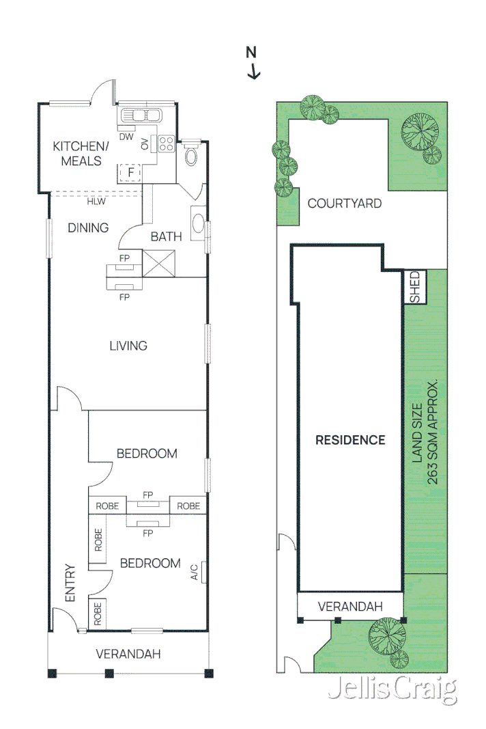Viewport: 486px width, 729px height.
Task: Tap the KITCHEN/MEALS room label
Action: [81, 154]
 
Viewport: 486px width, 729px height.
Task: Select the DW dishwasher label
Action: [126, 137]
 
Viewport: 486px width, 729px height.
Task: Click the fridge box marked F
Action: [130, 173]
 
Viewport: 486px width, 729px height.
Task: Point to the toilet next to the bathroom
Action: [191, 156]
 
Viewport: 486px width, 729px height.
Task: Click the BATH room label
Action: [166, 236]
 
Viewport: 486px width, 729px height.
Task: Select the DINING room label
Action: [88, 228]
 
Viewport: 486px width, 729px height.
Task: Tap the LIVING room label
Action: [128, 346]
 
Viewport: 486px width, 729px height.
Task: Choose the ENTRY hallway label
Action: [70, 583]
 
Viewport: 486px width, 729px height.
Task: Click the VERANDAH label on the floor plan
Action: [128, 654]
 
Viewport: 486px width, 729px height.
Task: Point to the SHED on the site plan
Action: [416, 287]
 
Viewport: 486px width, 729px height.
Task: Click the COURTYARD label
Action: [344, 203]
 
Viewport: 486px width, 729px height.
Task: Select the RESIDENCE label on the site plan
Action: [349, 440]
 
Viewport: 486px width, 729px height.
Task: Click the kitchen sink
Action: [140, 115]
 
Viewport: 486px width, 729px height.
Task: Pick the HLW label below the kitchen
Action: [94, 202]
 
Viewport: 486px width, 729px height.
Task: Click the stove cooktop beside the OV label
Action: [166, 143]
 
